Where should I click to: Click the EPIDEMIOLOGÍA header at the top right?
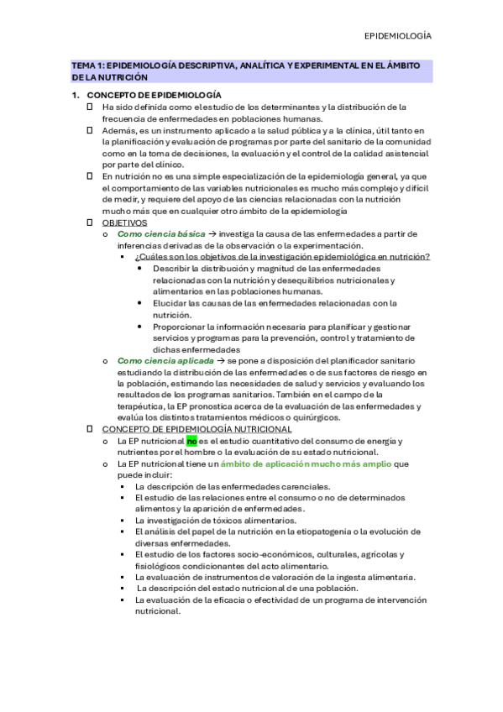tap(398, 36)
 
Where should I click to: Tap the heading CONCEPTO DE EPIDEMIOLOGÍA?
tap(155, 95)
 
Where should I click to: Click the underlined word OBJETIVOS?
tap(124, 222)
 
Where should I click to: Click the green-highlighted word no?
tap(191, 441)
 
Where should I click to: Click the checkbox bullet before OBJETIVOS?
tap(90, 222)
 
